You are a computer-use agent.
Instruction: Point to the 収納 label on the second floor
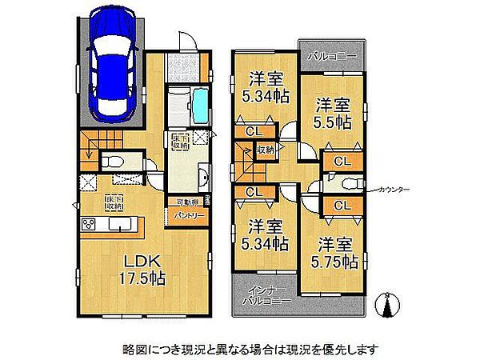pos(264,149)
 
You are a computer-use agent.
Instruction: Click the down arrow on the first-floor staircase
pos(90,155)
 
